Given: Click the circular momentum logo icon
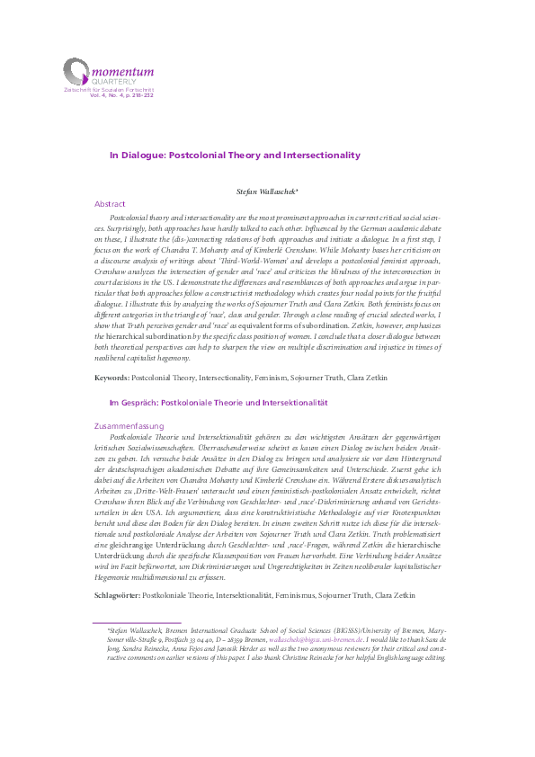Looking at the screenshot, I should pyautogui.click(x=76, y=70).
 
